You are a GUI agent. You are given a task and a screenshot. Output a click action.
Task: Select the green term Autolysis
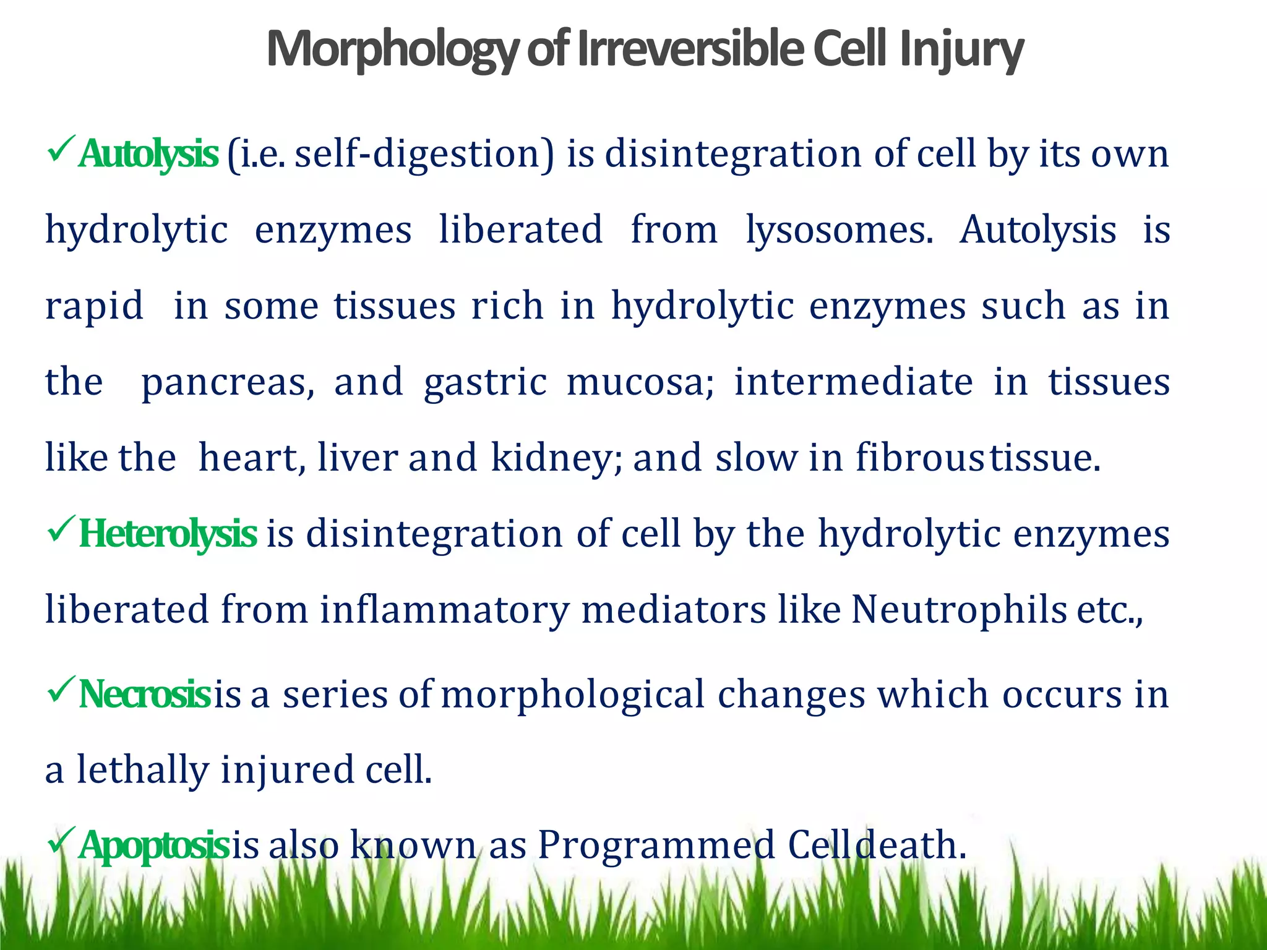click(x=148, y=154)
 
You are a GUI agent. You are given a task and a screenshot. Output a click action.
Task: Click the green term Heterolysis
click(x=168, y=534)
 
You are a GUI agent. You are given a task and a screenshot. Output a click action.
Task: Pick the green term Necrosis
click(x=145, y=694)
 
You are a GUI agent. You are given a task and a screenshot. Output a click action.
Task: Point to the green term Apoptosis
click(x=154, y=845)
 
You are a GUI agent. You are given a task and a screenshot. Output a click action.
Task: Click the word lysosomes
click(x=839, y=230)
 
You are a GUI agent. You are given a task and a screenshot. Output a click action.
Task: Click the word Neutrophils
click(x=959, y=610)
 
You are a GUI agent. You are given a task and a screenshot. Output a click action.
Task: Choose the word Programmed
click(x=656, y=845)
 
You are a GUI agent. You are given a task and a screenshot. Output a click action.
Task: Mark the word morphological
click(x=573, y=694)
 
